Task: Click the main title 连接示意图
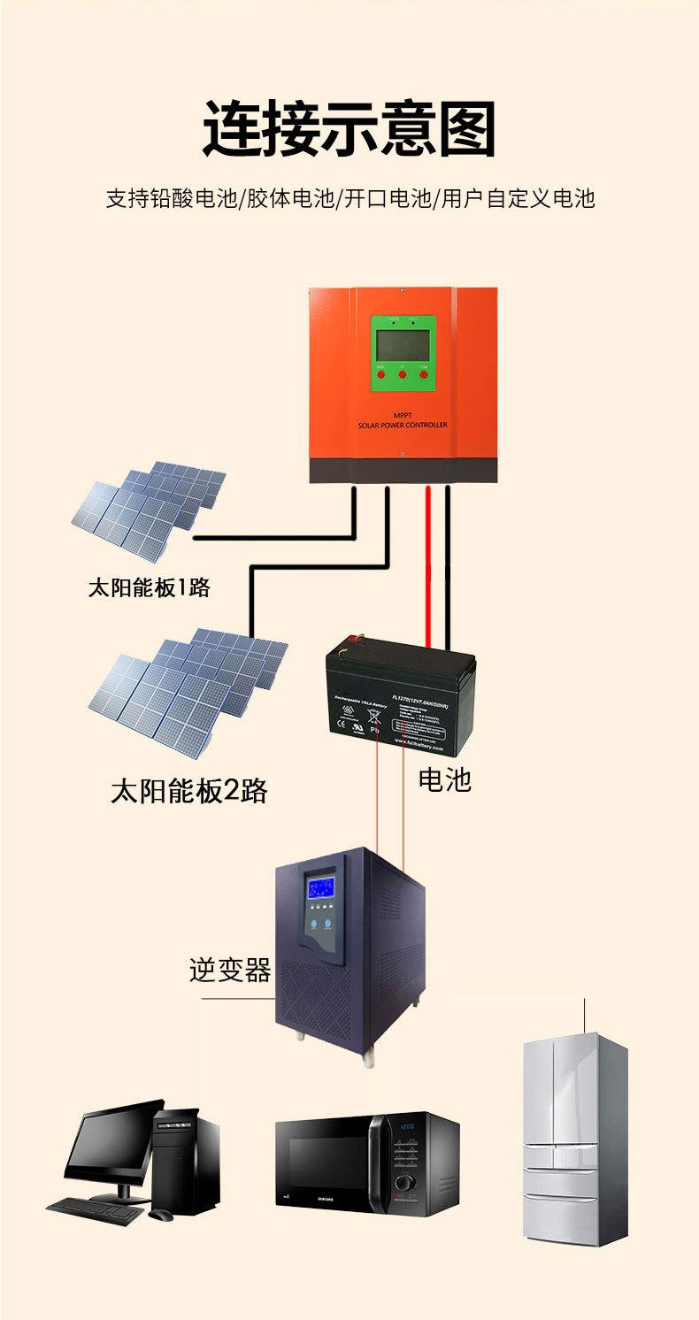pos(349,129)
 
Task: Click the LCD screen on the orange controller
pos(402,342)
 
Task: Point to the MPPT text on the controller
pos(402,414)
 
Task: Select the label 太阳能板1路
pos(149,587)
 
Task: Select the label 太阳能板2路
pos(188,790)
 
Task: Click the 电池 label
pos(444,779)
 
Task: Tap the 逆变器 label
pos(229,970)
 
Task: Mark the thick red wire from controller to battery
pos(428,566)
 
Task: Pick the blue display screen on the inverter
pos(319,887)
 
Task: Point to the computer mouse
pos(160,1216)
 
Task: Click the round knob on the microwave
pos(405,1183)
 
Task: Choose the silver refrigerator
pos(574,1141)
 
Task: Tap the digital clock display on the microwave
pos(406,1128)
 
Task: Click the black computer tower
pos(187,1159)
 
